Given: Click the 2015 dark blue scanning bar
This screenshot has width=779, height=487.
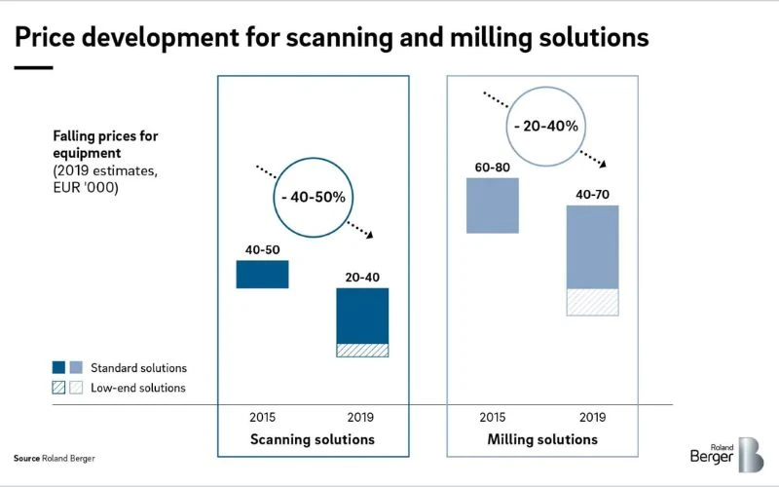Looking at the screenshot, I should (262, 274).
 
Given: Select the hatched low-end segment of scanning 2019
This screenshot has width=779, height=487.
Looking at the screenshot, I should (362, 350).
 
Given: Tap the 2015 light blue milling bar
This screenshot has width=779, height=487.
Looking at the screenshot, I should (493, 206).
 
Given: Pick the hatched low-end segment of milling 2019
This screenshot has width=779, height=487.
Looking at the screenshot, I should (592, 302).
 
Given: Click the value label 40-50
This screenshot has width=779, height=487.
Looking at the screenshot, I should (262, 250).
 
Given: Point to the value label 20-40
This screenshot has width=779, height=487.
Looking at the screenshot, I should (362, 278).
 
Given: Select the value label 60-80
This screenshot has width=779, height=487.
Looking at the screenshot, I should (493, 168).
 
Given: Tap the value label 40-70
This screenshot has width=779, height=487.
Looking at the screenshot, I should (593, 195).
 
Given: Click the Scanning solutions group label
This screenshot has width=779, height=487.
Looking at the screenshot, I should (313, 439).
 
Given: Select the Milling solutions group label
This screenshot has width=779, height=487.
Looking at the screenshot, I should (542, 439).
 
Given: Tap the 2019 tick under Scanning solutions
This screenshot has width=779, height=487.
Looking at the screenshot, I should (362, 417).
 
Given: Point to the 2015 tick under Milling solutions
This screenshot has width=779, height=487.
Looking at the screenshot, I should (493, 417).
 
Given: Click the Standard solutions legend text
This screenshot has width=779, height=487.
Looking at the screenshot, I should (138, 368).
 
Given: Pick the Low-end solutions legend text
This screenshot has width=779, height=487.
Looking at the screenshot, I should (137, 388).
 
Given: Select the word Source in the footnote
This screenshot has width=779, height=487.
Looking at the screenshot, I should (26, 458).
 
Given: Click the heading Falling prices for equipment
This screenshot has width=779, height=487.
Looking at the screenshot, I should (105, 144).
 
